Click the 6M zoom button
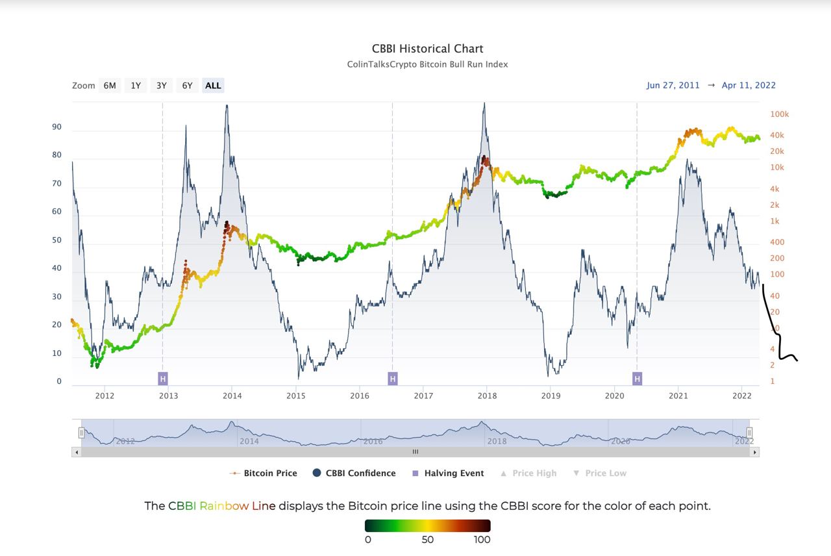(x=110, y=85)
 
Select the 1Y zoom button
(x=136, y=85)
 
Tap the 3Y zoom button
(x=162, y=85)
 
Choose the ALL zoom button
(x=213, y=85)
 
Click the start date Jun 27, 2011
(x=673, y=85)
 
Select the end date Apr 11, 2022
(x=749, y=85)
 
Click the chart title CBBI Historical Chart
(x=427, y=49)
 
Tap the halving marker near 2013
(x=163, y=379)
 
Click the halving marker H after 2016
(x=392, y=379)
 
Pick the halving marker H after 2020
(x=637, y=379)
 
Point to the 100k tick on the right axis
(x=780, y=114)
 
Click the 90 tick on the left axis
(x=56, y=127)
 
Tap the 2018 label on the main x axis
(x=487, y=396)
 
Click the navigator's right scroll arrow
(x=754, y=452)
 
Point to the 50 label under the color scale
(x=427, y=540)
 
